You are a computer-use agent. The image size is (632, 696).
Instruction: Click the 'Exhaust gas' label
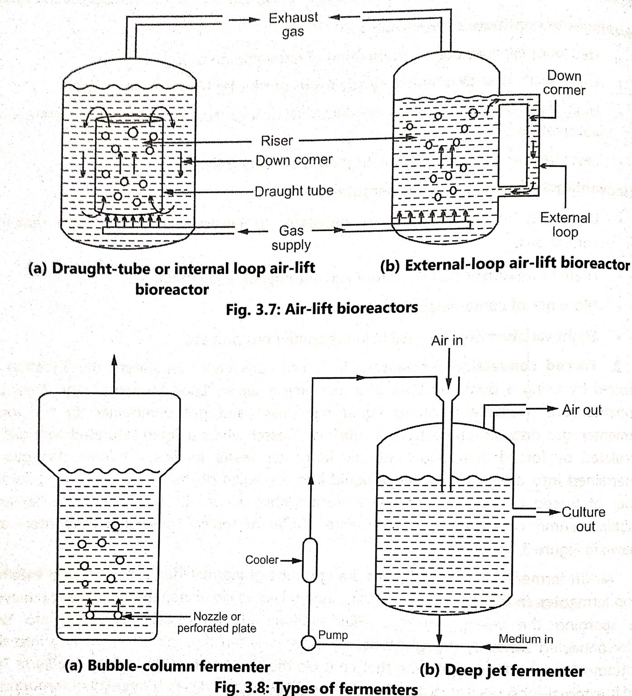tap(293, 24)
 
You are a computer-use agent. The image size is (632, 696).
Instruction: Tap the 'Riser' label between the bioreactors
tap(277, 141)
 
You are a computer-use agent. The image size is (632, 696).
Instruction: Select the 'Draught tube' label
tap(294, 191)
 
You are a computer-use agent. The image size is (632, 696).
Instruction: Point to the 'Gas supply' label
tap(291, 237)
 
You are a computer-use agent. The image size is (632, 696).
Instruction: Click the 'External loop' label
tap(565, 225)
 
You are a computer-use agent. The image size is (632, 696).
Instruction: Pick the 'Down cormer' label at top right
tap(564, 82)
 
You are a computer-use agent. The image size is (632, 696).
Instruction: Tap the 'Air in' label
tap(447, 340)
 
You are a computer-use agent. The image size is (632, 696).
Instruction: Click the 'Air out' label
tap(582, 410)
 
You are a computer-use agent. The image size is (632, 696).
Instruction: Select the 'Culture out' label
tap(584, 519)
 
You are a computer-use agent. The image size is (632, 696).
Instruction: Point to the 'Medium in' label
tap(526, 639)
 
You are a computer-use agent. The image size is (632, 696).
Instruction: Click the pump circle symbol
tap(308, 643)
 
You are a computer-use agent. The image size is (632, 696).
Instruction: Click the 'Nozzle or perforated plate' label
tap(217, 622)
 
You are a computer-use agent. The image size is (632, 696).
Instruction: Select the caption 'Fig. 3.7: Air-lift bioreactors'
tap(321, 309)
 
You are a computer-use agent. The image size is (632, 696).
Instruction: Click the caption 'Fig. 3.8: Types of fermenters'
tap(316, 688)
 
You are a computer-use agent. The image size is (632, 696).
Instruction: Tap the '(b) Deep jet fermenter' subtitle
tap(502, 671)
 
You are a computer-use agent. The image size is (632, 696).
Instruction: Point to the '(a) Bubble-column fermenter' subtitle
tap(167, 666)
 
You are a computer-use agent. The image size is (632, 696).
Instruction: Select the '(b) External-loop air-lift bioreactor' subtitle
tap(504, 265)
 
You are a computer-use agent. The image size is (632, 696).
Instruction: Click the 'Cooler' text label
tap(262, 560)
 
